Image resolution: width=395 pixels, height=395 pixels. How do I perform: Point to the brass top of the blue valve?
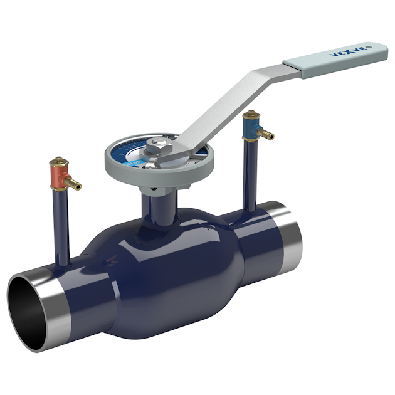[251, 115]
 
